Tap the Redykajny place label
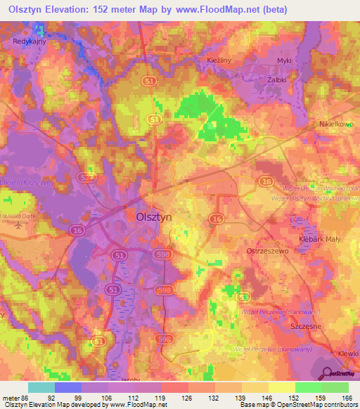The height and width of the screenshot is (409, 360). pos(29,41)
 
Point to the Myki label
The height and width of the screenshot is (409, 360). pos(284,61)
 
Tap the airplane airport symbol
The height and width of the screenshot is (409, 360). pos(18,225)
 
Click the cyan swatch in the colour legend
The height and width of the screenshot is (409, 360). pos(41,387)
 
